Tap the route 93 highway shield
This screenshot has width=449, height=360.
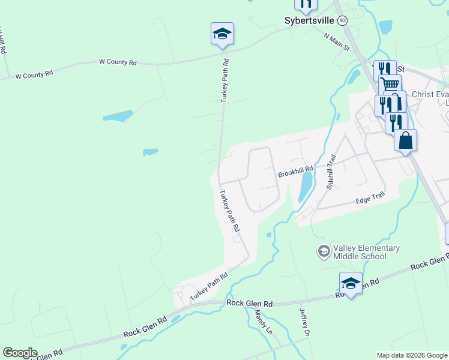pyautogui.click(x=342, y=20)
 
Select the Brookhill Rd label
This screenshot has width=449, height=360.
pyautogui.click(x=295, y=173)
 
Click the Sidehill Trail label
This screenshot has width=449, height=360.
pyautogui.click(x=330, y=172)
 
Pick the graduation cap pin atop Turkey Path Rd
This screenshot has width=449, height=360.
pyautogui.click(x=222, y=34)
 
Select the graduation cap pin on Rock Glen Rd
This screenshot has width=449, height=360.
pyautogui.click(x=351, y=283)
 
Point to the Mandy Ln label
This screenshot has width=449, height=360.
pyautogui.click(x=264, y=322)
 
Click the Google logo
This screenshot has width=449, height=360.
pyautogui.click(x=20, y=352)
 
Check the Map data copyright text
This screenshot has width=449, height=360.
pyautogui.click(x=412, y=355)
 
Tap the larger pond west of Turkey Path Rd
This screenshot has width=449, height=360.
pyautogui.click(x=117, y=116)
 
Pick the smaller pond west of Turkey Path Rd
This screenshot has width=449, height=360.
pyautogui.click(x=150, y=152)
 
